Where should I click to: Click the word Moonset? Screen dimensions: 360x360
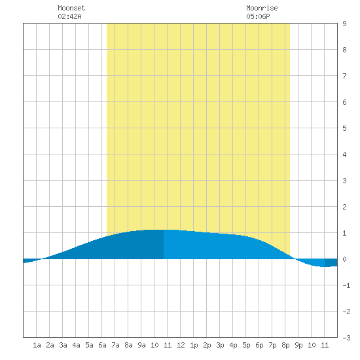pyautogui.click(x=71, y=8)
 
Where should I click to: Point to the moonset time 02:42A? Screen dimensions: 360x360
pyautogui.click(x=69, y=16)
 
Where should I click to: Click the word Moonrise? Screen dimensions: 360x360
pyautogui.click(x=262, y=8)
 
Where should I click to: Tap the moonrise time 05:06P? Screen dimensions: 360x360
pyautogui.click(x=258, y=16)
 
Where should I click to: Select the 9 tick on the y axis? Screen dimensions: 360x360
pyautogui.click(x=344, y=24)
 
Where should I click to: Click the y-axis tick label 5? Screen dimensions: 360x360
pyautogui.click(x=344, y=128)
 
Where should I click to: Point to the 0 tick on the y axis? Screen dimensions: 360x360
pyautogui.click(x=344, y=259)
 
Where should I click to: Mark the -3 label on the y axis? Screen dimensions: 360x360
pyautogui.click(x=346, y=338)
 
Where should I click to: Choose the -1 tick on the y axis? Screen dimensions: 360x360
pyautogui.click(x=346, y=285)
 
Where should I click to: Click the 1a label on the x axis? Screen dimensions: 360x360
pyautogui.click(x=37, y=345)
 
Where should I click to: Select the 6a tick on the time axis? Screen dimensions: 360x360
pyautogui.click(x=102, y=345)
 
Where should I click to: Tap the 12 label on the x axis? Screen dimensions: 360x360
pyautogui.click(x=181, y=345)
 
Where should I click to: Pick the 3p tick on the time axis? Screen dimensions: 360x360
pyautogui.click(x=220, y=345)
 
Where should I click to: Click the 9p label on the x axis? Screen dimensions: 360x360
pyautogui.click(x=298, y=345)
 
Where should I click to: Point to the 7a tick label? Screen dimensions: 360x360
pyautogui.click(x=115, y=345)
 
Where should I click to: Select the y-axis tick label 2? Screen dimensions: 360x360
pyautogui.click(x=344, y=207)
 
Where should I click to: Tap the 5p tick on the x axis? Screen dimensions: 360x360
pyautogui.click(x=246, y=345)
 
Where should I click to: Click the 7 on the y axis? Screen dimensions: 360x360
pyautogui.click(x=344, y=76)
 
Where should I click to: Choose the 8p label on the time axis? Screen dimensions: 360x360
pyautogui.click(x=285, y=345)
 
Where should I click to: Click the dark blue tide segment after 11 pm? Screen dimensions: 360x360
pyautogui.click(x=331, y=262)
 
